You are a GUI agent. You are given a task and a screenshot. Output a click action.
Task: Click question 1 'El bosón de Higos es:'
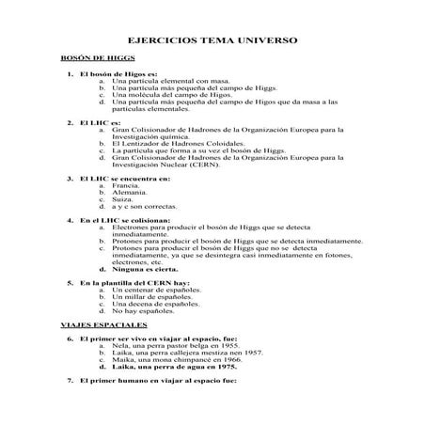pyautogui.click(x=118, y=73)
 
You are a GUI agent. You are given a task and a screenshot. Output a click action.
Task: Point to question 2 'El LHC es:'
pyautogui.click(x=101, y=123)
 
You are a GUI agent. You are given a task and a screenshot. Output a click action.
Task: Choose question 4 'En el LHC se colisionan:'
pyautogui.click(x=124, y=219)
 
